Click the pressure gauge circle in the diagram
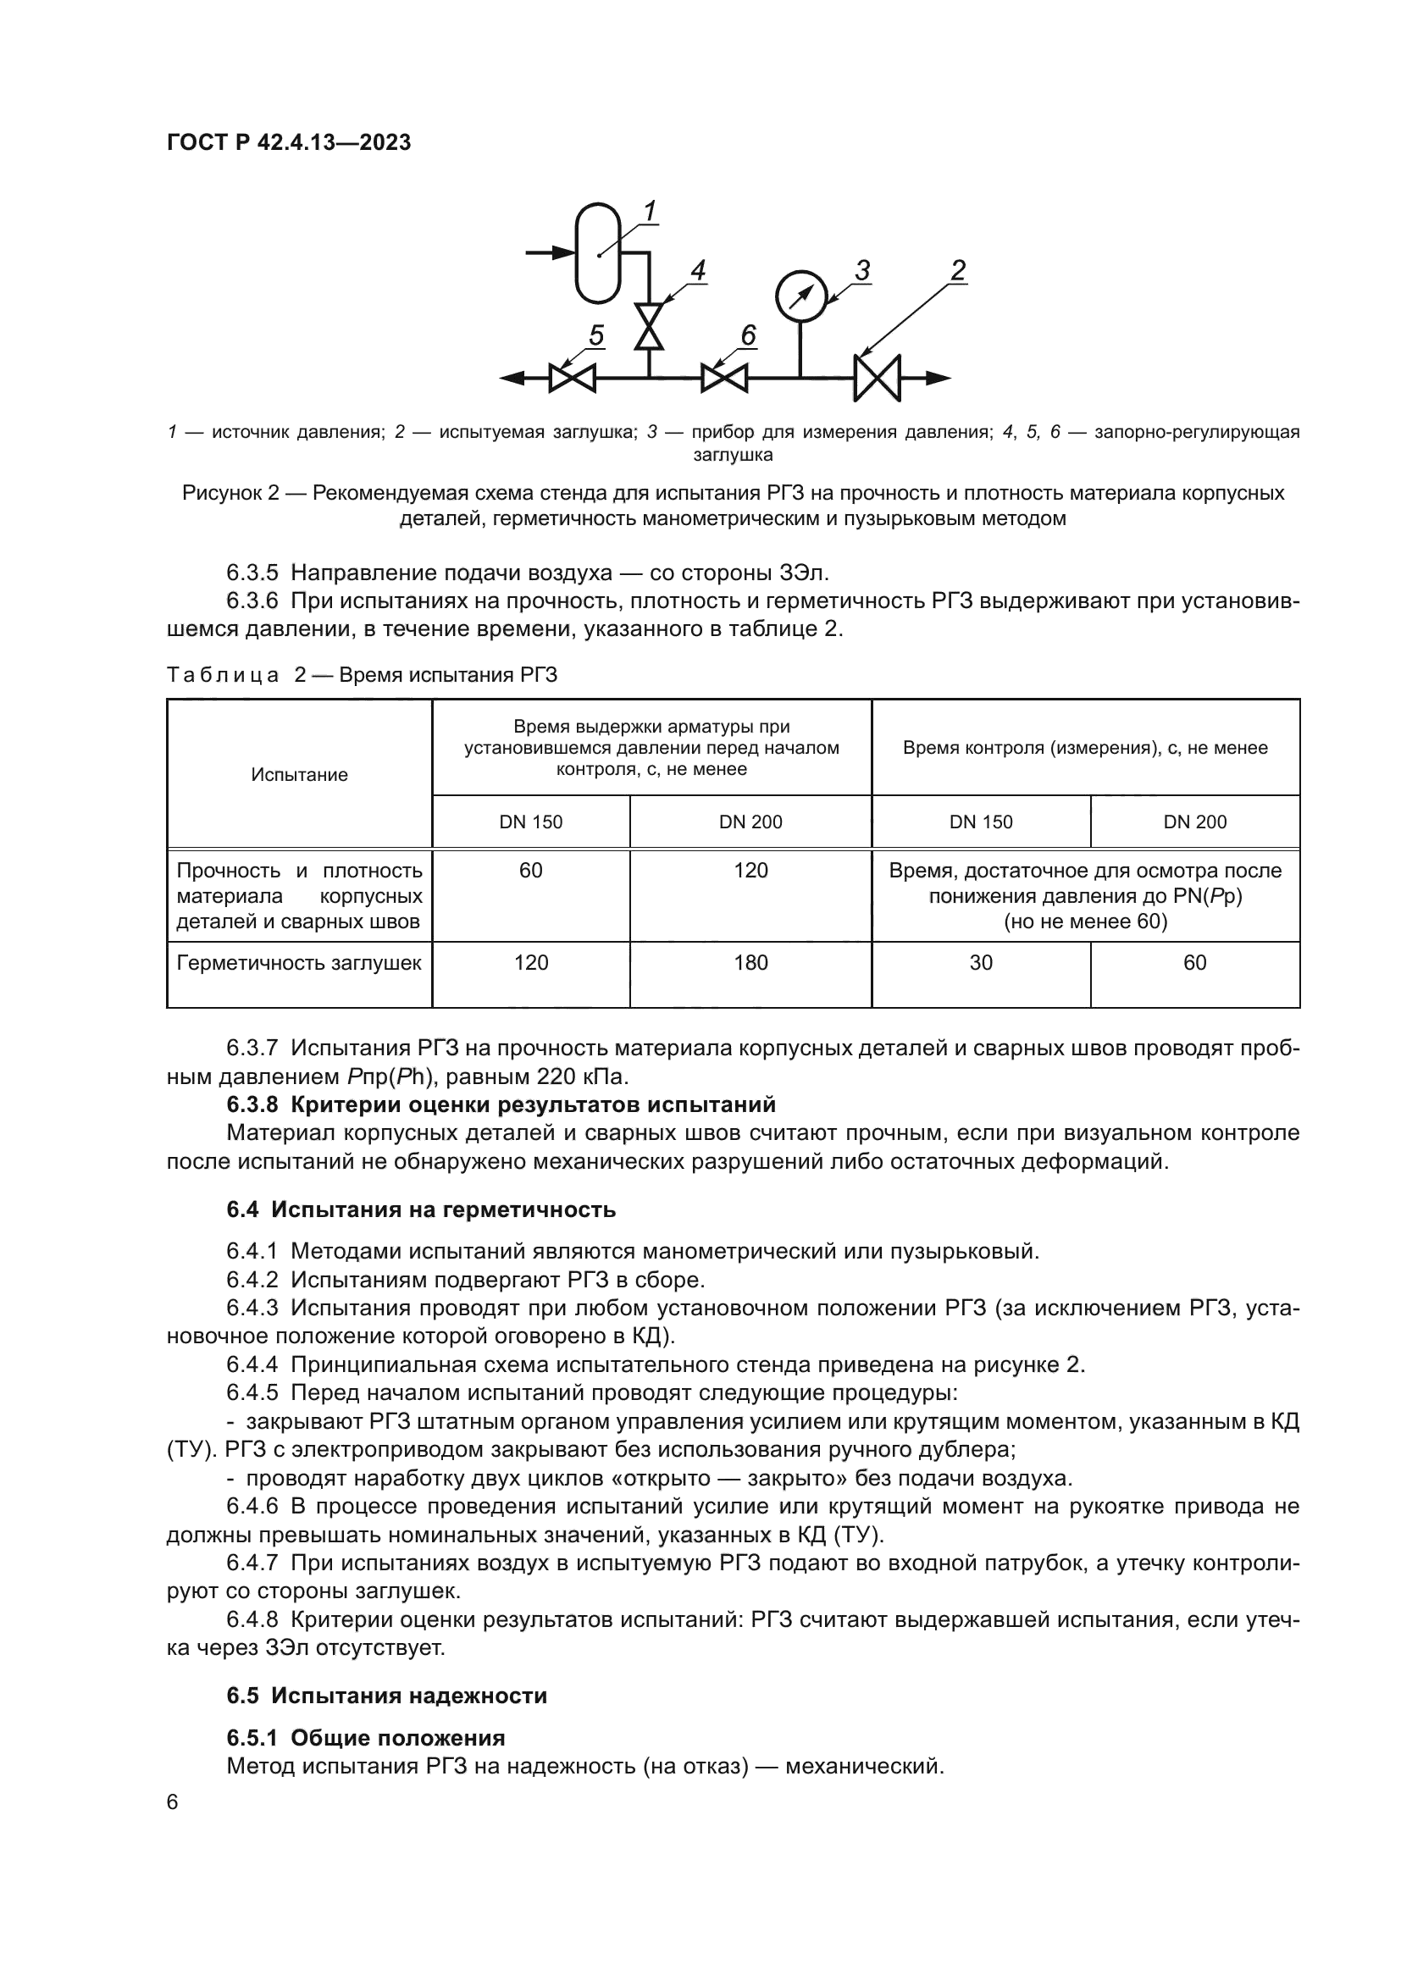click(800, 296)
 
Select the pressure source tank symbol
click(598, 252)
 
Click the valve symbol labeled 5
click(572, 378)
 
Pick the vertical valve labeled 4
click(649, 326)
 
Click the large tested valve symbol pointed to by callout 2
click(877, 378)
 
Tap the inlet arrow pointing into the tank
click(551, 252)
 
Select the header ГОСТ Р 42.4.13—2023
click(288, 143)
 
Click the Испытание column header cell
click(299, 775)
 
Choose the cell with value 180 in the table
click(750, 963)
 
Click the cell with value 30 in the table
click(981, 963)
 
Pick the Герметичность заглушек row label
click(298, 963)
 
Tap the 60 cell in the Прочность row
click(530, 871)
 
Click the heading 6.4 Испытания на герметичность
click(421, 1209)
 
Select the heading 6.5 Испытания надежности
click(386, 1695)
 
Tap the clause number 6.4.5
click(252, 1393)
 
